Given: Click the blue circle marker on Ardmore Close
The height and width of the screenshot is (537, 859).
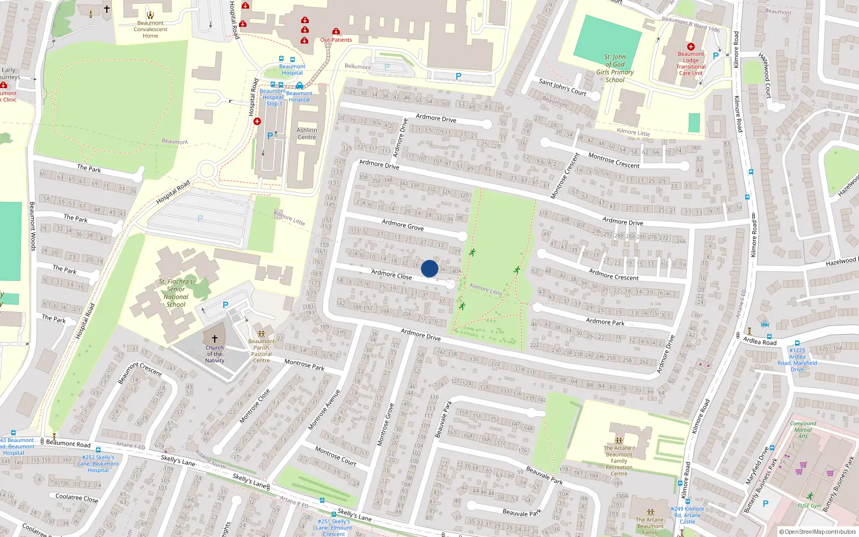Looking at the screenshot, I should pyautogui.click(x=429, y=268).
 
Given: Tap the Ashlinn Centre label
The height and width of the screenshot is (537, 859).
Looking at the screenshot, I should pyautogui.click(x=307, y=134).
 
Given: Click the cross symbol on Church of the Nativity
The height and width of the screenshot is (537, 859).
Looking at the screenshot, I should pyautogui.click(x=215, y=338).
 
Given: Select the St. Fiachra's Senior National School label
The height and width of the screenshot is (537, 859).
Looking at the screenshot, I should pyautogui.click(x=176, y=293).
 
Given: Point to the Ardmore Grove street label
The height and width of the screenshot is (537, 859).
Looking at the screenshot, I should pyautogui.click(x=403, y=225).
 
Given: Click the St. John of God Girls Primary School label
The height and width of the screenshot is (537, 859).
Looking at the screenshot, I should pyautogui.click(x=615, y=68).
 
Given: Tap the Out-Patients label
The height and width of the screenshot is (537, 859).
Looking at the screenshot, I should pyautogui.click(x=336, y=40).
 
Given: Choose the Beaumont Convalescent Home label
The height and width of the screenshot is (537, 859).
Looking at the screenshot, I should pyautogui.click(x=150, y=30).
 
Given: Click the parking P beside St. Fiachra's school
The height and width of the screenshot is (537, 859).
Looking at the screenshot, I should pyautogui.click(x=225, y=305).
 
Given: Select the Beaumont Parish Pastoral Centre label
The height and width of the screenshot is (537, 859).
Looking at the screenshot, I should pyautogui.click(x=261, y=351).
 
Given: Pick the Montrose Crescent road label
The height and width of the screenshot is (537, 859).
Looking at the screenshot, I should pyautogui.click(x=614, y=161).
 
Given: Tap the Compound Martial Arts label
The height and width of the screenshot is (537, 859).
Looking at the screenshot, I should pyautogui.click(x=803, y=430).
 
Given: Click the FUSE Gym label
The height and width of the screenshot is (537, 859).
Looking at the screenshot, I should pyautogui.click(x=809, y=506).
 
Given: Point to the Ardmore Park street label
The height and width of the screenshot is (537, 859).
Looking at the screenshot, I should pyautogui.click(x=605, y=322).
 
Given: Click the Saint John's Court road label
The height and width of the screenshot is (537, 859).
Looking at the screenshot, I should pyautogui.click(x=563, y=87).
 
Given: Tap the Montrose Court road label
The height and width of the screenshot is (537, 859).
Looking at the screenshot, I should pyautogui.click(x=336, y=455).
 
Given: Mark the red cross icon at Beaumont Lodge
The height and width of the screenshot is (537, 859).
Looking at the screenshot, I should pyautogui.click(x=691, y=47).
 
